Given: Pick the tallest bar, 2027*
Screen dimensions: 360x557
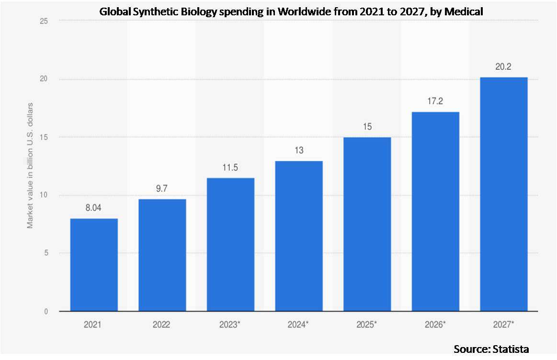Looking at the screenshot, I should [504, 194].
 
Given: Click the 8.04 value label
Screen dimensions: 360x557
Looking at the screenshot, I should [94, 208].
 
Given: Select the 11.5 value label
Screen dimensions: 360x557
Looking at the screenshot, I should [230, 168].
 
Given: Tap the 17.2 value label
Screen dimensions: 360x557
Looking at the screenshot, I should [435, 102].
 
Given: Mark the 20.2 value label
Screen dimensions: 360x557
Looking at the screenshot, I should [504, 67].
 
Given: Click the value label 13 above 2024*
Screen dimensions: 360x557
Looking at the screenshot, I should [299, 151].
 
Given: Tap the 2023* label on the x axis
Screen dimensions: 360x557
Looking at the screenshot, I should [230, 324].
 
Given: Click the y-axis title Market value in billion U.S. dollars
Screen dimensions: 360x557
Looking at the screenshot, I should [30, 165].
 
